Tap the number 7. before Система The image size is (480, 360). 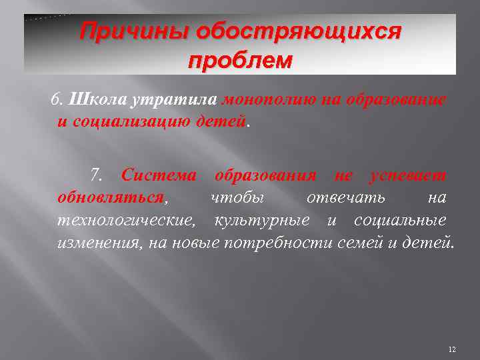(x=97, y=177)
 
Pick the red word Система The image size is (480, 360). (x=159, y=177)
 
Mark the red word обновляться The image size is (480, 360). (x=111, y=198)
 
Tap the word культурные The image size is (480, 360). (x=261, y=220)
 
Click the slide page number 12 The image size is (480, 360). (x=453, y=349)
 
